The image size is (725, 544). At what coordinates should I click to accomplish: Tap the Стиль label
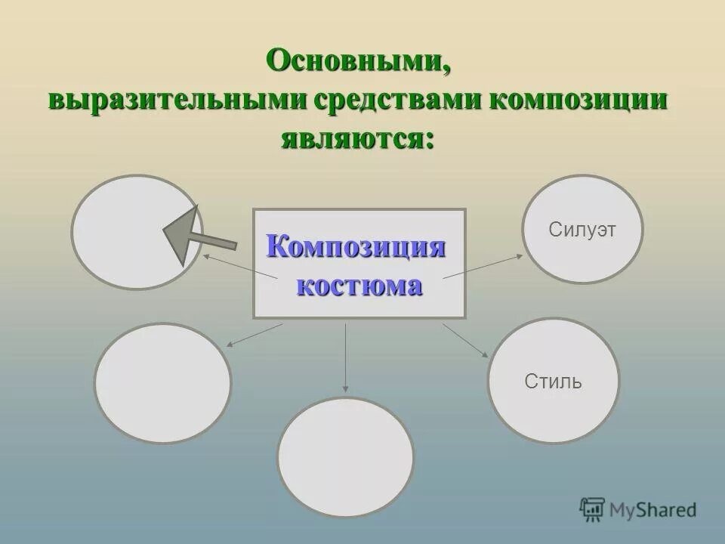[553, 381]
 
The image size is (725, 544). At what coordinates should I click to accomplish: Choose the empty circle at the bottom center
[346, 456]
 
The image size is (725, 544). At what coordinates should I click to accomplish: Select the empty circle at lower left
[163, 383]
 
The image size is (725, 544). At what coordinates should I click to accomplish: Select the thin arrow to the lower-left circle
[254, 335]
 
